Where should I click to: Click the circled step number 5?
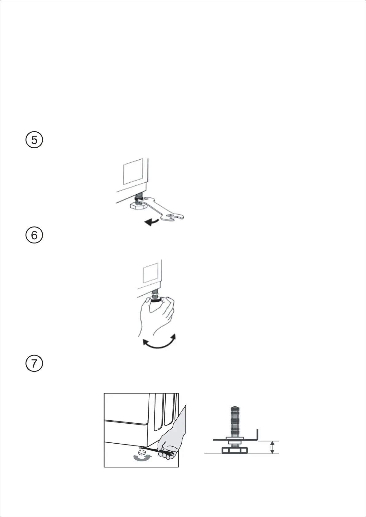[34, 140]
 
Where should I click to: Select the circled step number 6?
[34, 235]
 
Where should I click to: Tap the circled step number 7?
[34, 364]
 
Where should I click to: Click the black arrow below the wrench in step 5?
[152, 222]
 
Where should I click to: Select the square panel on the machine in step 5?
[133, 172]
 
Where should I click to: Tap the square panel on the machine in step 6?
[151, 273]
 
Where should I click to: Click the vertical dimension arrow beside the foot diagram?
[272, 447]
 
